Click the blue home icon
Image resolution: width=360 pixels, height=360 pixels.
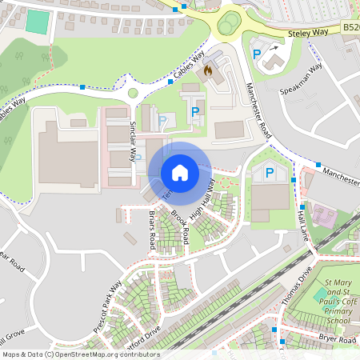pos(180,172)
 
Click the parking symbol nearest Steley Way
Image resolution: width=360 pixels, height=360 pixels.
pos(257,55)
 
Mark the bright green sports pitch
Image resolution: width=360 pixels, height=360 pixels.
pos(37,22)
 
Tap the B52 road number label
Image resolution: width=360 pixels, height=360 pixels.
pos(350,27)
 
